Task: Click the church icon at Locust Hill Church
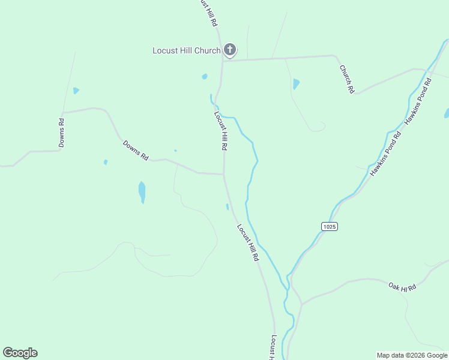(229, 49)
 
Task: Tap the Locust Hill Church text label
(186, 50)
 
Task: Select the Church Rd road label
(346, 79)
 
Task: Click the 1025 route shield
(329, 226)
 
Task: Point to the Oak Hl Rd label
(402, 287)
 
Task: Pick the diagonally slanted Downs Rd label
(136, 150)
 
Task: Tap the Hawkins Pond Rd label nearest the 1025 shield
(385, 153)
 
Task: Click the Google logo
(20, 353)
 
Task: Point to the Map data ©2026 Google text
(412, 355)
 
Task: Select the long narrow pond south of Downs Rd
(142, 192)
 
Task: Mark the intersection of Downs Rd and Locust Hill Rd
(224, 175)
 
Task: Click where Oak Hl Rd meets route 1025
(302, 304)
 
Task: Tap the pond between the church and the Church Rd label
(296, 84)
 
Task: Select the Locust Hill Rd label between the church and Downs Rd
(220, 130)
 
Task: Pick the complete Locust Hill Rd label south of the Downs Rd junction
(247, 242)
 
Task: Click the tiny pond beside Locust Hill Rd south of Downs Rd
(227, 207)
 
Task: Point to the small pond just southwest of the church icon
(205, 77)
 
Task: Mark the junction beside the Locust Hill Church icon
(223, 60)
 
